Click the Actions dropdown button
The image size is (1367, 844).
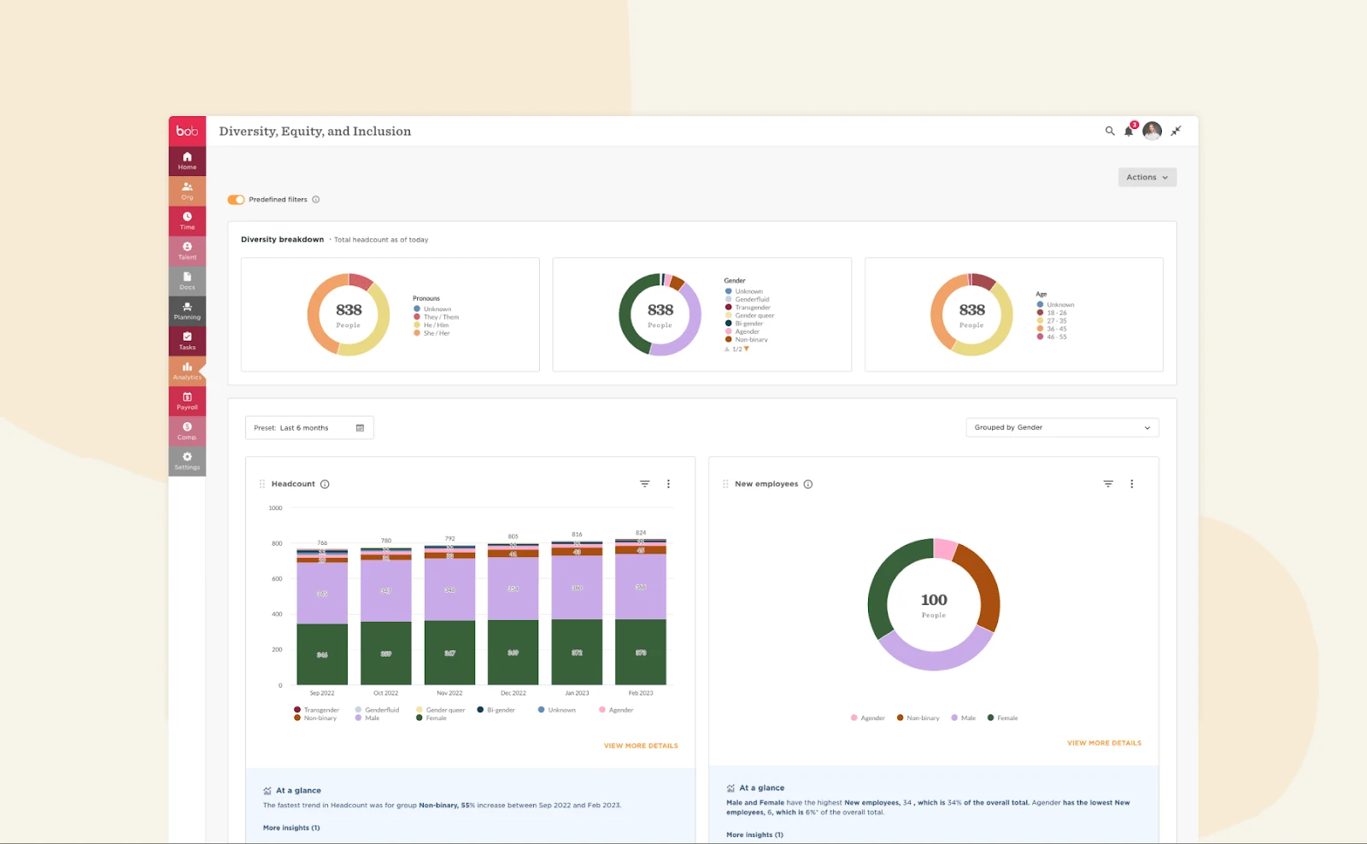click(x=1147, y=178)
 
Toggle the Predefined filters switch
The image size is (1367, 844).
click(x=236, y=200)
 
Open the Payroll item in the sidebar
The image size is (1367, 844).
click(x=187, y=401)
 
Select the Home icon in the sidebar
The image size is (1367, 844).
click(x=187, y=161)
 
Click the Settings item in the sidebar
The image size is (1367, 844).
click(x=187, y=461)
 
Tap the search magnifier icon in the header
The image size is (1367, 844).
click(x=1110, y=131)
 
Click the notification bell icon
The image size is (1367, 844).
click(x=1129, y=131)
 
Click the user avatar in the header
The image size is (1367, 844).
click(x=1152, y=131)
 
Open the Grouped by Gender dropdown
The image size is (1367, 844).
click(x=1061, y=427)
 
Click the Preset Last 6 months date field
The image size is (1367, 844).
click(x=308, y=428)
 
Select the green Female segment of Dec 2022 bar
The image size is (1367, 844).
click(x=513, y=653)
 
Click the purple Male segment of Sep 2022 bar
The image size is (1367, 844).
click(x=322, y=593)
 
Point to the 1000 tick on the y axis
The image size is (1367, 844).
click(x=275, y=508)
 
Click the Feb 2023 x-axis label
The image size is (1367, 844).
click(x=640, y=694)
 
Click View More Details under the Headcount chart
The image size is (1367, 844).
click(x=641, y=746)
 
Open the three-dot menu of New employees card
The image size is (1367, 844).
click(x=1132, y=484)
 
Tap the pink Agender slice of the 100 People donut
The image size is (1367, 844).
click(x=945, y=549)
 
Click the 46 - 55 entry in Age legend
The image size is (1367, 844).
click(x=1056, y=337)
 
